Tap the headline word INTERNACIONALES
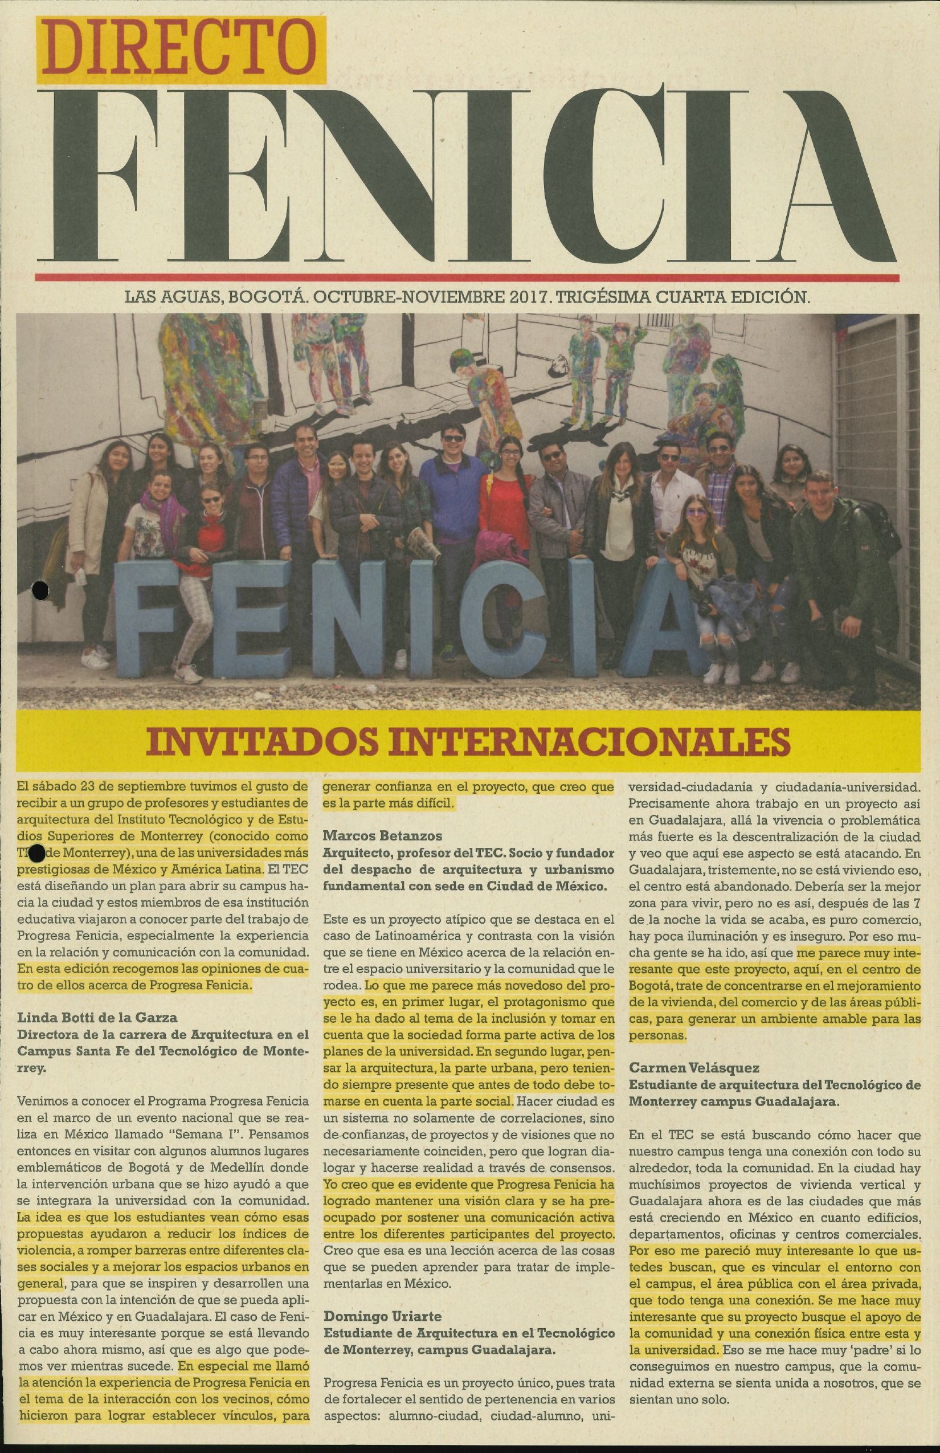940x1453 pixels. point(570,741)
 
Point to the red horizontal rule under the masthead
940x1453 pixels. point(467,276)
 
